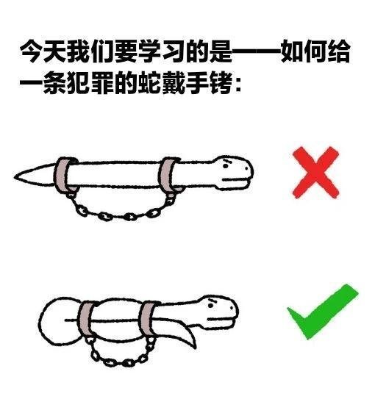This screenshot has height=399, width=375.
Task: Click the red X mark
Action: click(x=315, y=172)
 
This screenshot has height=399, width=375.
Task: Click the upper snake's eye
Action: click(x=226, y=165)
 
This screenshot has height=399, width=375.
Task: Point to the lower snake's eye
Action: click(x=210, y=306)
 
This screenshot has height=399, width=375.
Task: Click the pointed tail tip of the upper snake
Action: click(x=15, y=176)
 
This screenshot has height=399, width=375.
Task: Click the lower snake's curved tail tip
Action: click(x=195, y=348)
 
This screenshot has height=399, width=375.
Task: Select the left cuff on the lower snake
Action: click(x=86, y=320)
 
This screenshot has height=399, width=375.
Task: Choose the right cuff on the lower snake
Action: click(x=148, y=319)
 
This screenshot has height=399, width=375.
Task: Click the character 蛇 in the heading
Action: click(x=149, y=83)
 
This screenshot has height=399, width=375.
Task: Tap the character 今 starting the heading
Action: click(x=32, y=51)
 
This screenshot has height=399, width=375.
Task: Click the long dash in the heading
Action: click(x=256, y=51)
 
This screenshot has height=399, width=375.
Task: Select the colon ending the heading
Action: click(x=238, y=84)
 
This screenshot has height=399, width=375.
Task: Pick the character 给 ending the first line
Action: click(x=338, y=51)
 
